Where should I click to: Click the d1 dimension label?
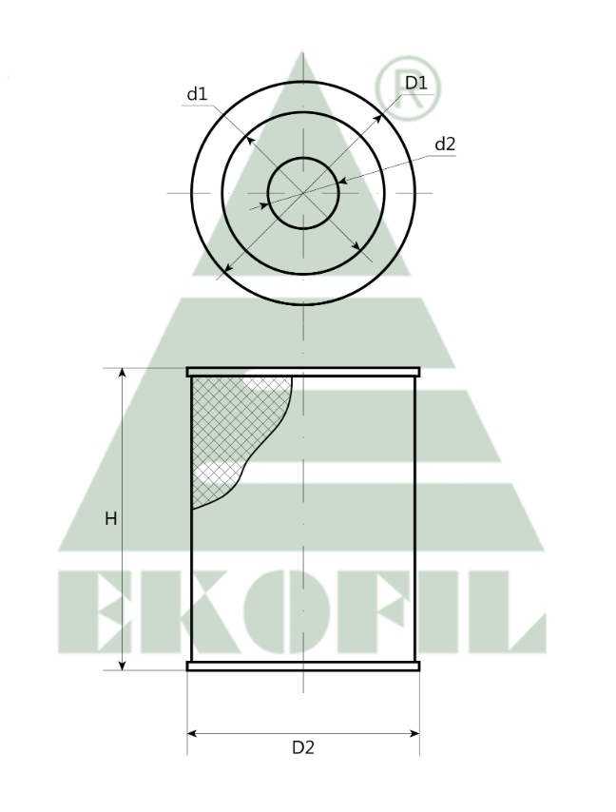coord(197,94)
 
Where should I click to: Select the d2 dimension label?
coord(445,145)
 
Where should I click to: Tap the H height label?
coord(110,519)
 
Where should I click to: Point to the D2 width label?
coord(302,747)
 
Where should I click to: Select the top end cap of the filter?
coord(302,372)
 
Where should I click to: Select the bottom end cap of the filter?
coord(302,667)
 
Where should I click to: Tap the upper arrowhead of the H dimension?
coord(123,374)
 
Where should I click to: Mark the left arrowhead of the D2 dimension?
coord(192,733)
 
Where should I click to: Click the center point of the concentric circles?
coord(303,193)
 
